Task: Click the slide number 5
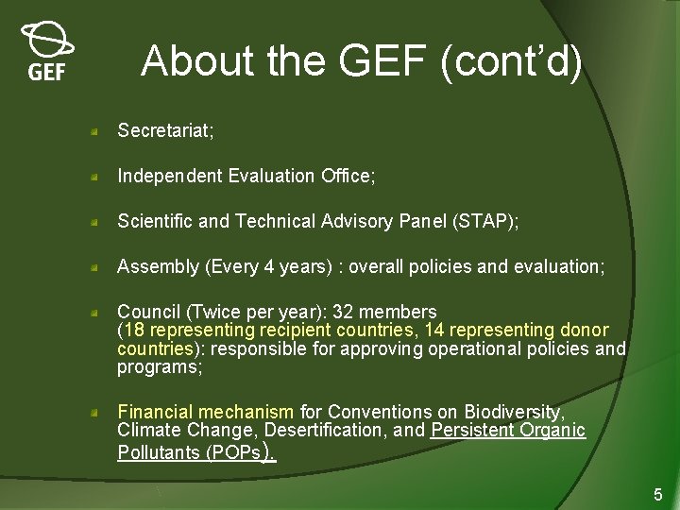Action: coord(658,494)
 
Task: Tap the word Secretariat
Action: coord(164,130)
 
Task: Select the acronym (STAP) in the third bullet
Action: coord(485,221)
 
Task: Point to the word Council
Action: coord(149,312)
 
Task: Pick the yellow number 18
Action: coord(134,331)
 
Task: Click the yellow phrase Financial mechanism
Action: coord(205,412)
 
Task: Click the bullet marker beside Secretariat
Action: coord(95,131)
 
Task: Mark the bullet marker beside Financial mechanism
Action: coord(95,413)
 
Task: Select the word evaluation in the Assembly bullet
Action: coord(558,266)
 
